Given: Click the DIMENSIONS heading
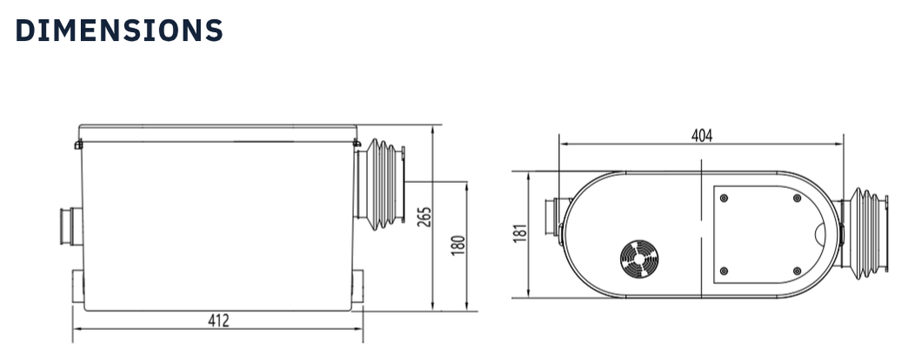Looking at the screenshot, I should [119, 30].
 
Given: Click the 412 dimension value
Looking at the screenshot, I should [218, 320].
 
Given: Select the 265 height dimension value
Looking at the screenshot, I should [423, 216].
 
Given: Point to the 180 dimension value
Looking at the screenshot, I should [458, 245].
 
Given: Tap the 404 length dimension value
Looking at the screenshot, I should [701, 135].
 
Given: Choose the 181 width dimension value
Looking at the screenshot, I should [520, 234].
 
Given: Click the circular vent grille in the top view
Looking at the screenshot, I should [638, 258].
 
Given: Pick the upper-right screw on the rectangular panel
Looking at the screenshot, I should [797, 198].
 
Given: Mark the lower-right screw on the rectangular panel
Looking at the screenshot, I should [797, 271].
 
